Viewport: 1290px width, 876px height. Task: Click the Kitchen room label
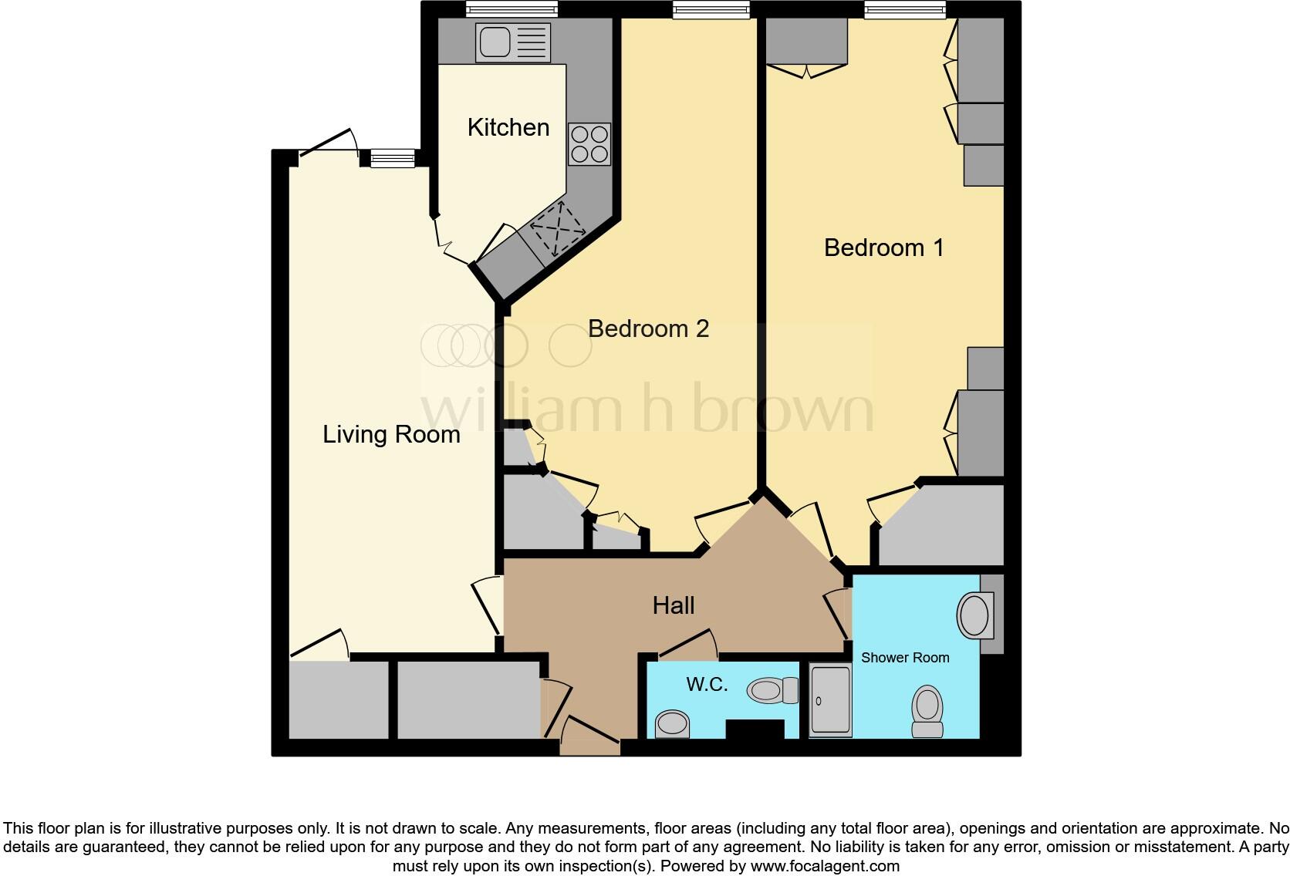[x=508, y=127]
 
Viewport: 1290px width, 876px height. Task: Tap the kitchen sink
[x=513, y=42]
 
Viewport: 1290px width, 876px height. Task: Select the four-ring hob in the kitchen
[x=589, y=144]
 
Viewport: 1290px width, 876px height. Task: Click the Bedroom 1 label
[x=883, y=248]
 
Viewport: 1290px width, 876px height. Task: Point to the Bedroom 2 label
[x=648, y=328]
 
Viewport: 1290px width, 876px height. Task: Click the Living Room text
[x=391, y=434]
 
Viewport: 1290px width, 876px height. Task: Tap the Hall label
[x=673, y=605]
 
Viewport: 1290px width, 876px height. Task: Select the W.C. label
[x=707, y=684]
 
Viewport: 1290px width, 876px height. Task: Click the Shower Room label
[x=905, y=658]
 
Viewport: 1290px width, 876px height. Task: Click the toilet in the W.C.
[x=772, y=690]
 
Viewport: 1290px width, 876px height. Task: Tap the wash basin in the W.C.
[x=672, y=724]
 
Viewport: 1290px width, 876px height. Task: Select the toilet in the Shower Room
[x=927, y=712]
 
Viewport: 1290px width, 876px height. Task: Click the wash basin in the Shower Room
[x=974, y=615]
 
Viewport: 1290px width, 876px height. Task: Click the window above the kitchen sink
[x=512, y=9]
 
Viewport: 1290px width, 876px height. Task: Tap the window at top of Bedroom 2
[x=711, y=9]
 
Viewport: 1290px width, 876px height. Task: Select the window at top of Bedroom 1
[x=905, y=9]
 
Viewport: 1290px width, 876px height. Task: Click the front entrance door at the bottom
[x=590, y=737]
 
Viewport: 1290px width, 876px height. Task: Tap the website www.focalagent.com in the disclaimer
[x=825, y=866]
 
